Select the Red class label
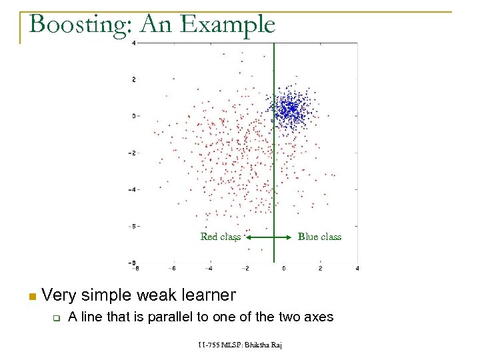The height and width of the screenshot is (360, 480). tap(220, 237)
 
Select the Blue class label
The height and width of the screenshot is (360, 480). tap(319, 237)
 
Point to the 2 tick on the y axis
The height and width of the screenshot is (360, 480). tap(134, 79)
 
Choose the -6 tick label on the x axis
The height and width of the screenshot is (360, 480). tap(173, 269)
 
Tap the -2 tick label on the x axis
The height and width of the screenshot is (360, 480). tap(246, 269)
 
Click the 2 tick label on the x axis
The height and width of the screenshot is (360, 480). tap(321, 269)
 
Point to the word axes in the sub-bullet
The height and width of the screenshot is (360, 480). tap(318, 317)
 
